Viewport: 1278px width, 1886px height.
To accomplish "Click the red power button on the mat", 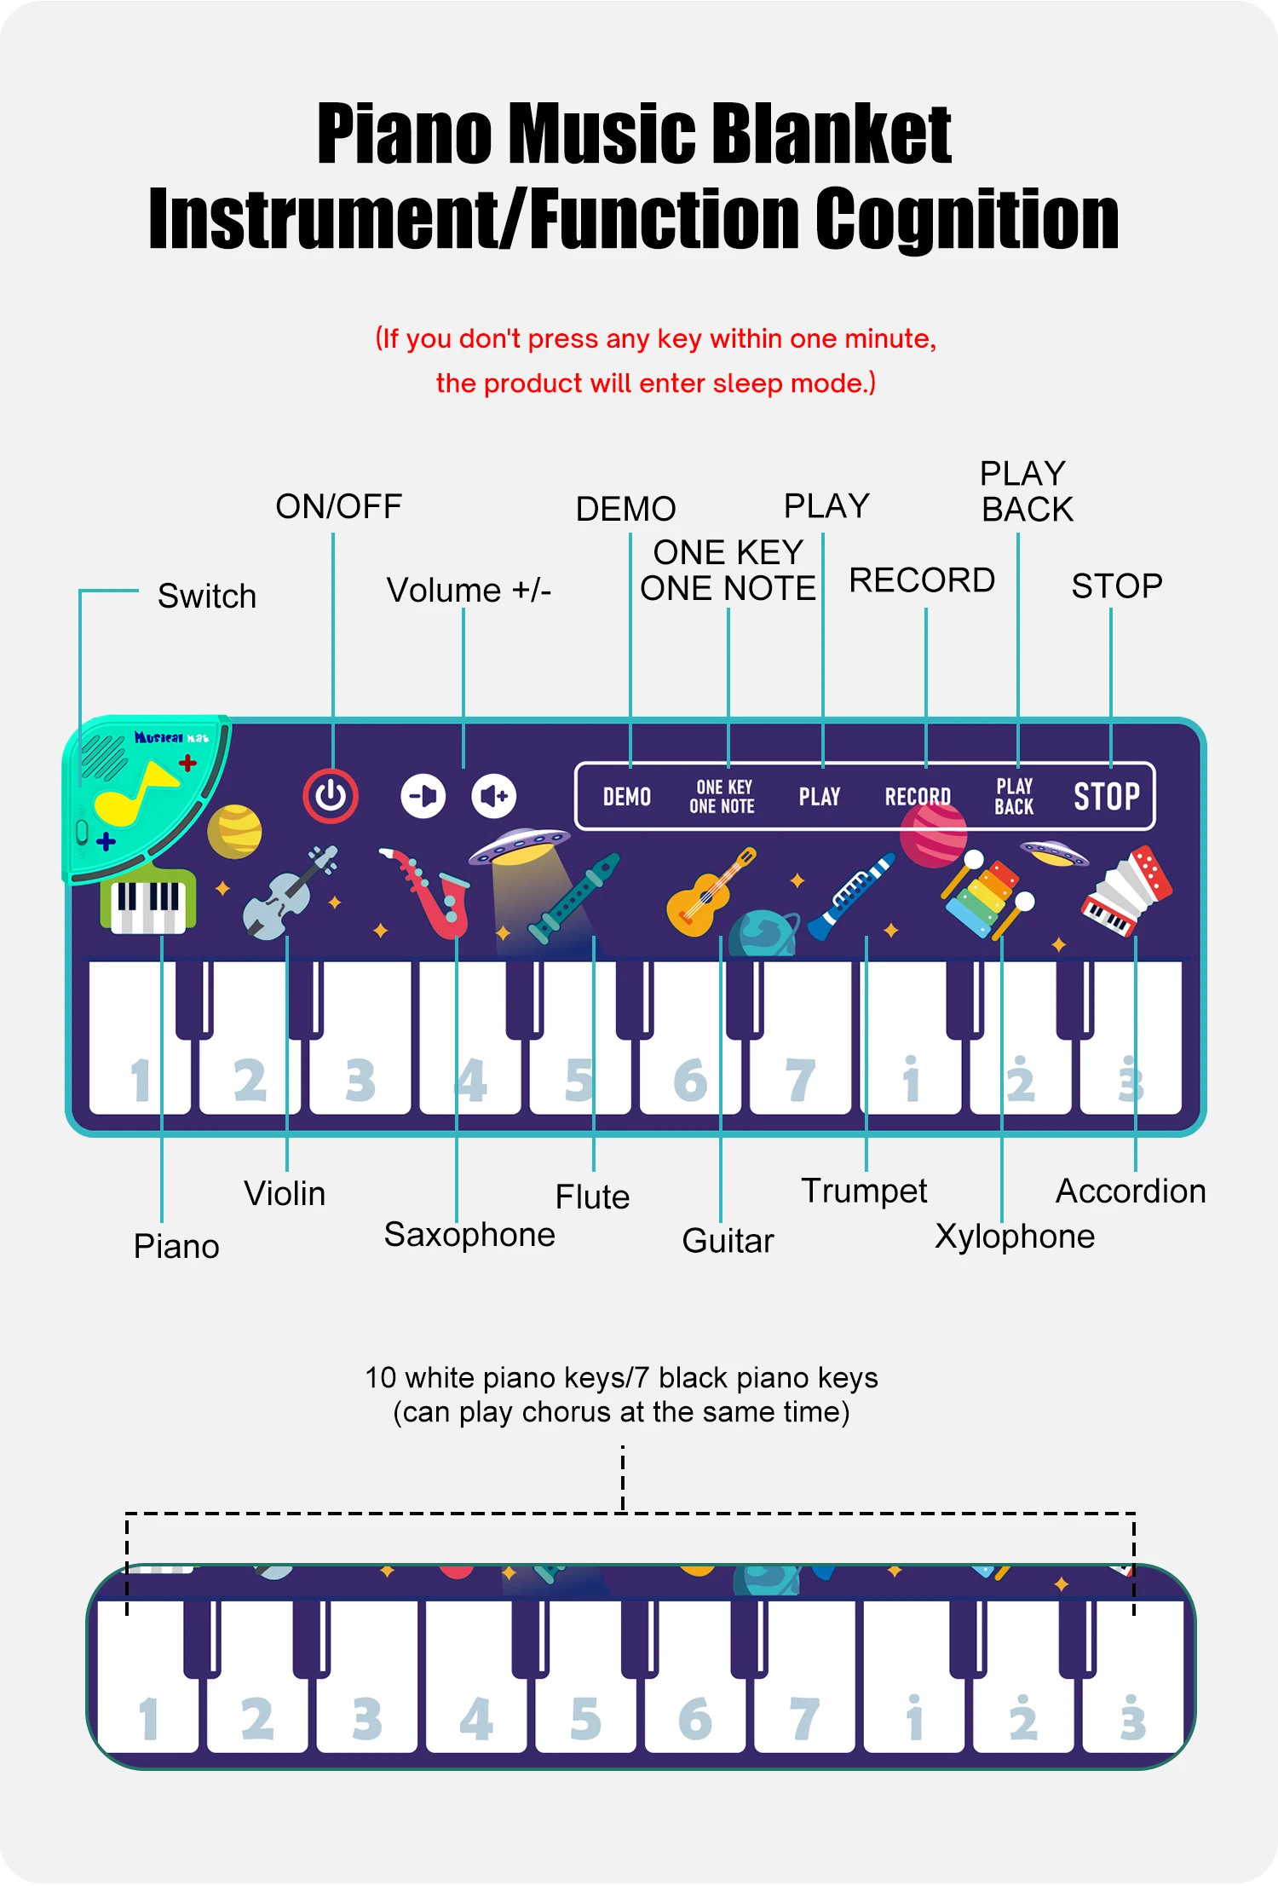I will [331, 796].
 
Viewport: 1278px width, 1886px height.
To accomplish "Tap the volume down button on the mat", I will [423, 796].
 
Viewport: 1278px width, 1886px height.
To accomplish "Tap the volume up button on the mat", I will [494, 796].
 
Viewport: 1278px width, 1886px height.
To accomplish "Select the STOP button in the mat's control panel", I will [1106, 797].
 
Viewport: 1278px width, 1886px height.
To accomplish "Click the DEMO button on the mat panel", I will [627, 797].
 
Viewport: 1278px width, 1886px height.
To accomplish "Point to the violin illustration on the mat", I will [285, 895].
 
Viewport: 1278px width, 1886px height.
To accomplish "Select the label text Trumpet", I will [864, 1191].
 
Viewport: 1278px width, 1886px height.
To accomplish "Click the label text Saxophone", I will [469, 1235].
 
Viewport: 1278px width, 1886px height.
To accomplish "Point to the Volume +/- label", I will [469, 590].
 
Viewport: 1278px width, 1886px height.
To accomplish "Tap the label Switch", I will [207, 597].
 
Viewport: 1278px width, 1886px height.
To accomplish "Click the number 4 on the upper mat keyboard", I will [471, 1081].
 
